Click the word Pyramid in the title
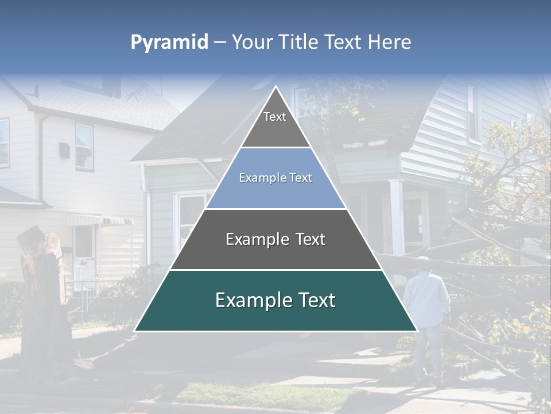point(169,43)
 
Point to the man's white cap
point(424,260)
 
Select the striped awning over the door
point(100,220)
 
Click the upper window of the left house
point(84,146)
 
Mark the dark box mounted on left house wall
point(64,151)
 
